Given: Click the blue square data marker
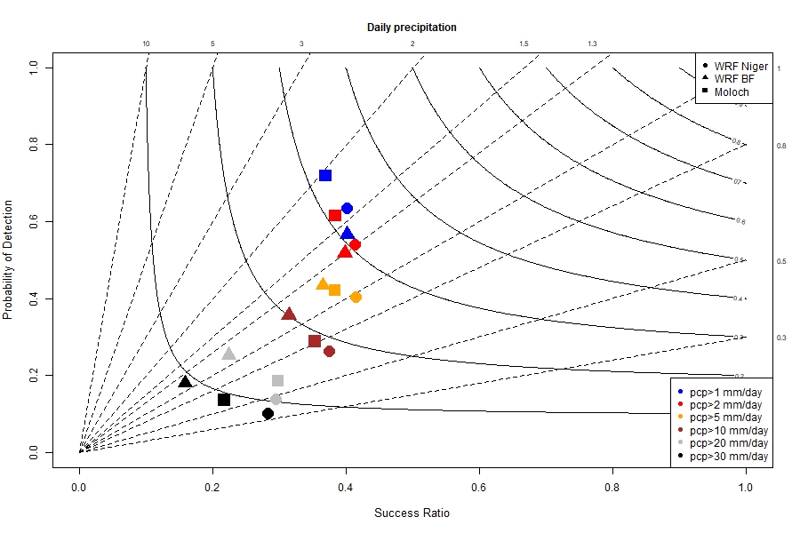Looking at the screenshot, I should (325, 175).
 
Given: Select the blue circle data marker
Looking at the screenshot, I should (347, 208).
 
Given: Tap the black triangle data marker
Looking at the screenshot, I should (185, 382).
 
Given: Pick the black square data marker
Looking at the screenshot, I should (224, 400).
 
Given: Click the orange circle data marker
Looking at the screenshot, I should (356, 297).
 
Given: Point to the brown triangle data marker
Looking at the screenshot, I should (289, 314).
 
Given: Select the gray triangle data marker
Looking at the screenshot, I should (229, 354).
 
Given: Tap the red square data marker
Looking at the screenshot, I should (335, 215).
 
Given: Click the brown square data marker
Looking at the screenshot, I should (315, 341).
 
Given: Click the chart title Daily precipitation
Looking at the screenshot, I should (412, 28).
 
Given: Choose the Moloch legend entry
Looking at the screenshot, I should (732, 91).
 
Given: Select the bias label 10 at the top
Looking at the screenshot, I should (147, 44).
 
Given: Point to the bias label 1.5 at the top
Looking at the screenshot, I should (524, 44).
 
